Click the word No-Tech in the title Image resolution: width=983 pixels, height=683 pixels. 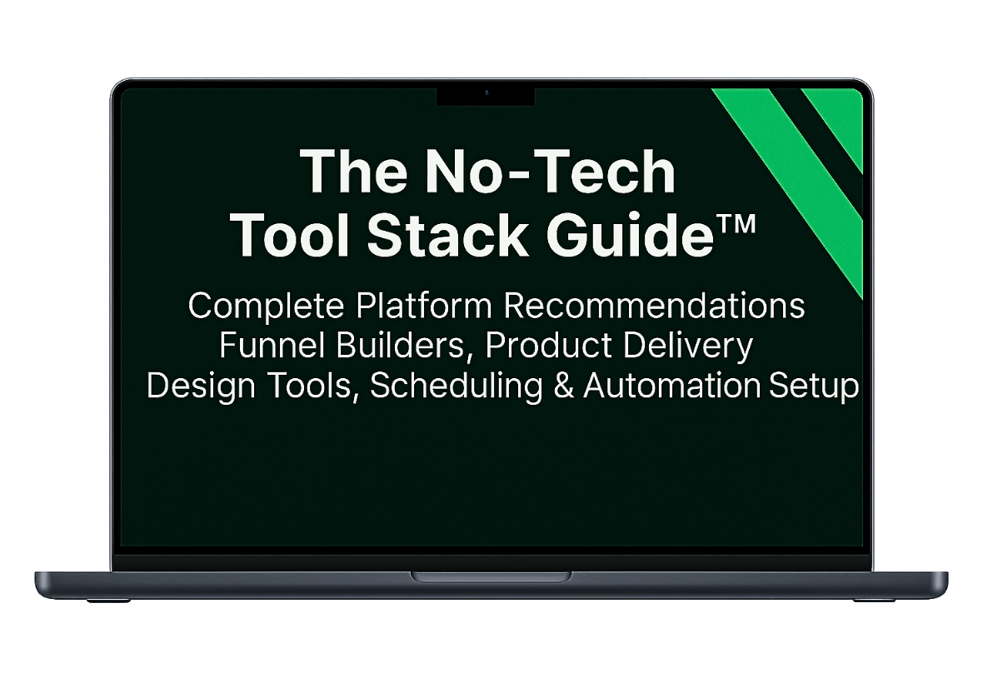[x=551, y=171]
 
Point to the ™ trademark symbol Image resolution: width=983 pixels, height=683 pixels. [x=735, y=224]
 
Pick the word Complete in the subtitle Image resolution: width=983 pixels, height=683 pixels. [x=267, y=307]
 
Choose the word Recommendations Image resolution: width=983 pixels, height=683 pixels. [x=654, y=306]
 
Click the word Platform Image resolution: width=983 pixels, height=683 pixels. [x=424, y=306]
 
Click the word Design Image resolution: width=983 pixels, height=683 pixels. [x=201, y=386]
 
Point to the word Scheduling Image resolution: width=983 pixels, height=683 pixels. [x=456, y=386]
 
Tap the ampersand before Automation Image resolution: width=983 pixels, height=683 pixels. [x=564, y=386]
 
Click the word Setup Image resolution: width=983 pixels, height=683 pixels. [x=814, y=386]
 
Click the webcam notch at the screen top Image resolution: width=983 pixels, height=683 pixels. [x=486, y=97]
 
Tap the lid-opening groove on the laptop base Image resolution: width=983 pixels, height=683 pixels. [x=491, y=576]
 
